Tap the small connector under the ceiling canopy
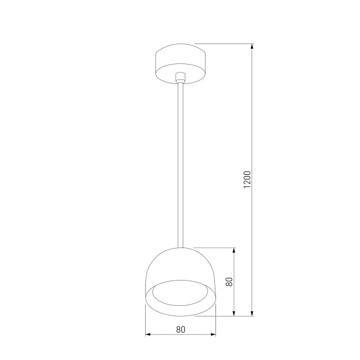(x=181, y=78)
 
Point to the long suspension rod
(x=181, y=166)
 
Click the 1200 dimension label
(x=247, y=179)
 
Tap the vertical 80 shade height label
(x=229, y=282)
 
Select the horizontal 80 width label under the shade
(x=181, y=329)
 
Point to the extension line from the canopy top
(x=223, y=45)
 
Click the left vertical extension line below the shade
(x=146, y=320)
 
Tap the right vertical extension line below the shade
(x=216, y=320)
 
